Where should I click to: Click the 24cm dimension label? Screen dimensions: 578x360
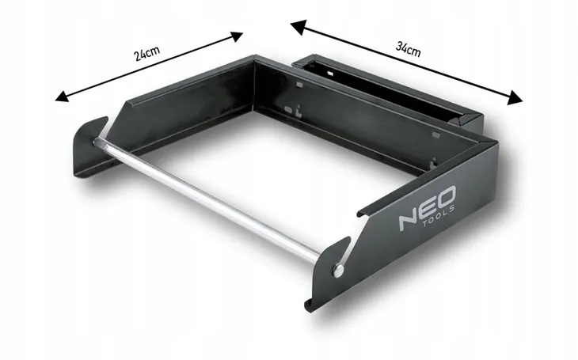[x=147, y=54]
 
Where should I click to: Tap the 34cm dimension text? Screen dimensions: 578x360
[x=408, y=48]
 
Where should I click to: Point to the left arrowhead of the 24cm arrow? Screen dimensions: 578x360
[x=62, y=97]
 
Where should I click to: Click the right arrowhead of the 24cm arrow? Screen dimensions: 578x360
[x=236, y=36]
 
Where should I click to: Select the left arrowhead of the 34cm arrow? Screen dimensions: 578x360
[x=299, y=27]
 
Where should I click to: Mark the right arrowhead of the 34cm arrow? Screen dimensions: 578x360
[x=515, y=97]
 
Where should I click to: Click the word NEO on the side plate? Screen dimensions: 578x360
[x=428, y=209]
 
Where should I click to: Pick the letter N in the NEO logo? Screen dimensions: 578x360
[x=409, y=220]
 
